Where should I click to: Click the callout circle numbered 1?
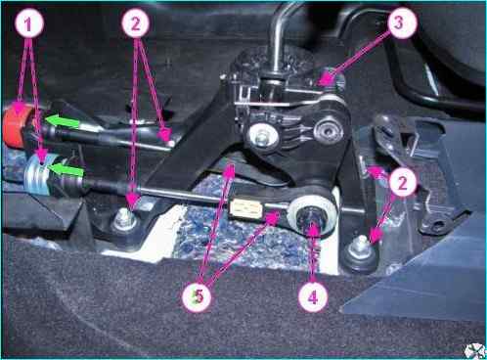pyautogui.click(x=28, y=23)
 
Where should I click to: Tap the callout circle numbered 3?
pyautogui.click(x=401, y=23)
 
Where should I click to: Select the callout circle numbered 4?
pyautogui.click(x=313, y=296)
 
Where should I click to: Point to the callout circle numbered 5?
pyautogui.click(x=197, y=296)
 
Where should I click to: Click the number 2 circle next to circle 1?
pyautogui.click(x=136, y=23)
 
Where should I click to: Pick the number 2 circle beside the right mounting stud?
pyautogui.click(x=402, y=182)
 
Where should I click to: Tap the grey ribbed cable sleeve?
pyautogui.click(x=36, y=175)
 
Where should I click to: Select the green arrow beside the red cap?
pyautogui.click(x=62, y=120)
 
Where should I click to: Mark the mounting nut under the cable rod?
pyautogui.click(x=124, y=220)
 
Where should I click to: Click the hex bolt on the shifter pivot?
pyautogui.click(x=263, y=136)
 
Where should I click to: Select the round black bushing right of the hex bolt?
pyautogui.click(x=329, y=131)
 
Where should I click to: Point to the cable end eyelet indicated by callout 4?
pyautogui.click(x=310, y=216)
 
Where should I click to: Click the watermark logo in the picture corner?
pyautogui.click(x=476, y=350)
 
